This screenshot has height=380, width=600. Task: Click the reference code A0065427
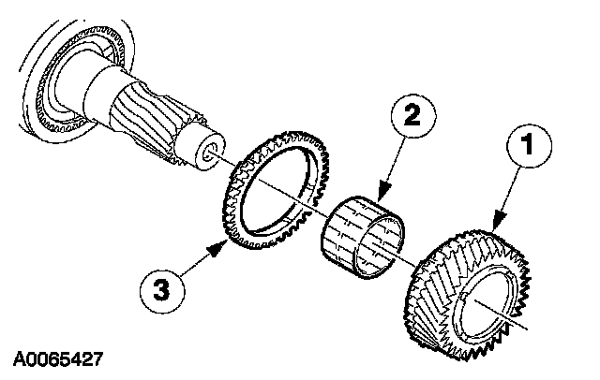pyautogui.click(x=58, y=358)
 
